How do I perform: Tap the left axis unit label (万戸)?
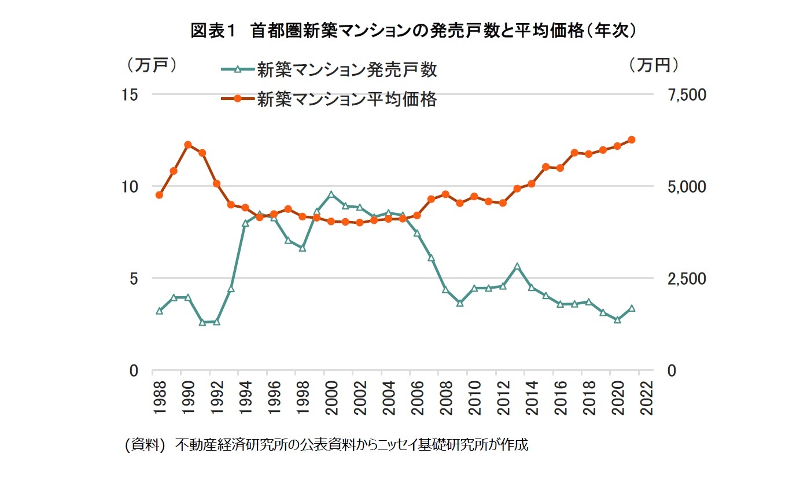152,65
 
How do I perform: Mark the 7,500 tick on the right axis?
687,94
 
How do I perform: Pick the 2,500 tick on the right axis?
687,278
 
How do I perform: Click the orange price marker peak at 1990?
188,145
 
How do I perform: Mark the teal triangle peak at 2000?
331,194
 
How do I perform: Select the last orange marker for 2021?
632,139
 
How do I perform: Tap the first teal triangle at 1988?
159,311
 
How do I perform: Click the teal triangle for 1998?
303,248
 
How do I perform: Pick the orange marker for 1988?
159,195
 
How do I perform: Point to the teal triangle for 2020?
617,319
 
